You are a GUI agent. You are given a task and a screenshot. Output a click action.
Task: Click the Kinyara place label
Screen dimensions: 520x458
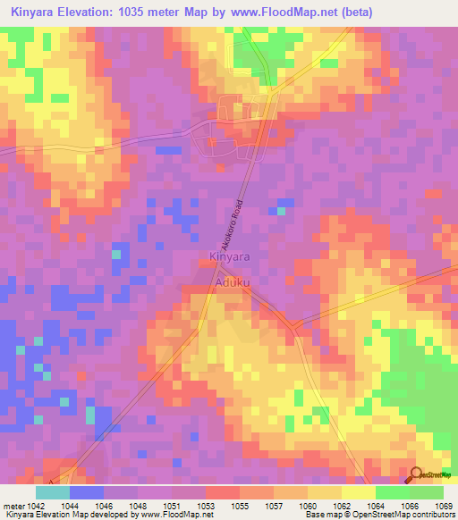click(x=229, y=257)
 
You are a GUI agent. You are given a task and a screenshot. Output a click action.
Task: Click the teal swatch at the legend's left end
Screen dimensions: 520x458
click(x=53, y=492)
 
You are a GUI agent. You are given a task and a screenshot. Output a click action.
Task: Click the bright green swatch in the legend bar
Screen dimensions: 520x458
click(x=392, y=492)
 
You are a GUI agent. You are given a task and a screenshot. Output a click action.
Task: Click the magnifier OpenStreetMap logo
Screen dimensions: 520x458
click(x=415, y=474)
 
